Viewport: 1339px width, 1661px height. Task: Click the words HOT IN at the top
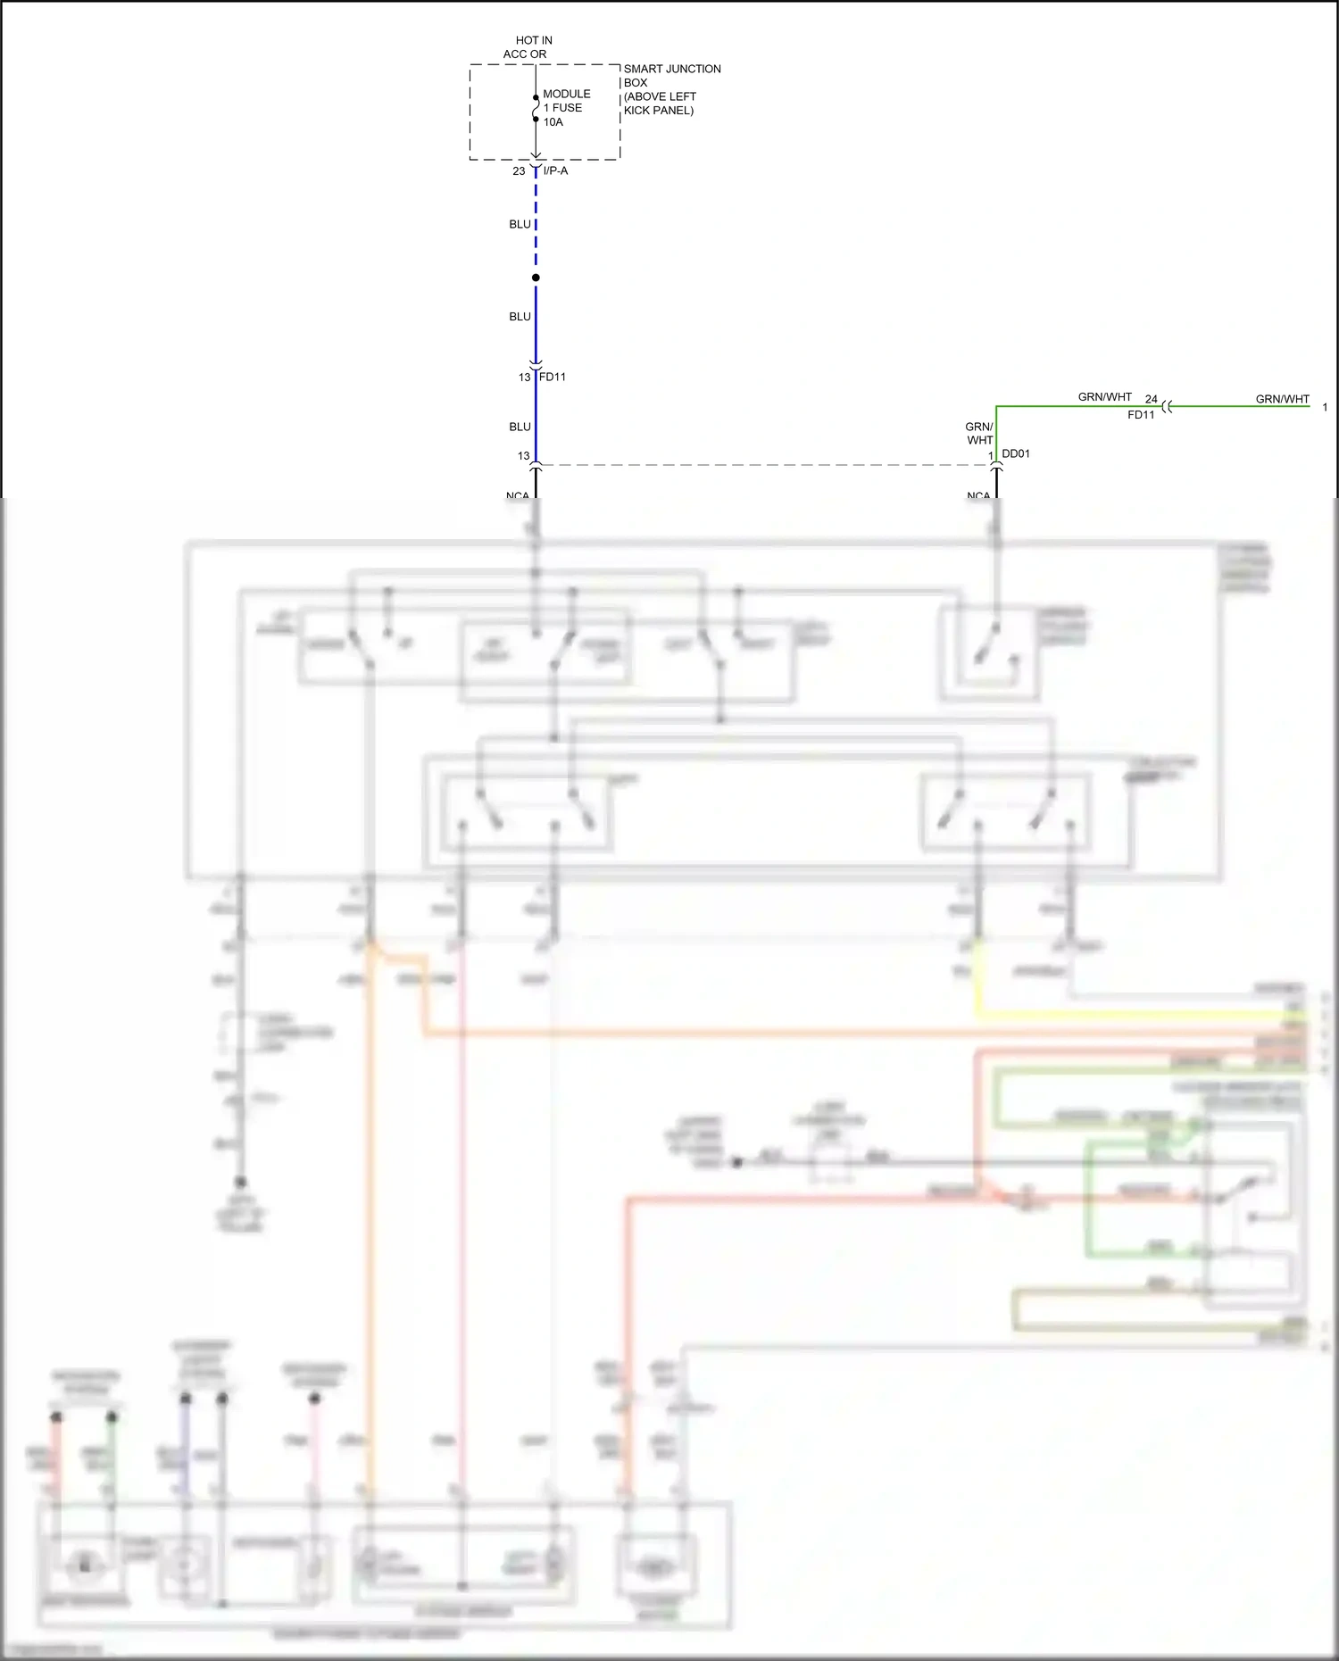[534, 40]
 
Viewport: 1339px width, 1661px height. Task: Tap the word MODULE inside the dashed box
[567, 94]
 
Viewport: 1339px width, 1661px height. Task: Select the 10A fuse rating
[553, 122]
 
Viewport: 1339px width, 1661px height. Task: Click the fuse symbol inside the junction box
[536, 108]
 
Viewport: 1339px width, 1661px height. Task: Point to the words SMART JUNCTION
[672, 69]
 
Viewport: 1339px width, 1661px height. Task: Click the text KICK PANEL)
[659, 111]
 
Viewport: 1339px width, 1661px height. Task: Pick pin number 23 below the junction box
[519, 171]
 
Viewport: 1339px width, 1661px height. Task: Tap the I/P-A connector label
[555, 170]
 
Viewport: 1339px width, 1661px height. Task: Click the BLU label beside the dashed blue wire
[520, 224]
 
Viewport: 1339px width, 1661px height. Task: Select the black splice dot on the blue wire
[536, 278]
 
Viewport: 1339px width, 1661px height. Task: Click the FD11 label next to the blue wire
[553, 377]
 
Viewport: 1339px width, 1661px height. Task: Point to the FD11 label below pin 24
[1141, 415]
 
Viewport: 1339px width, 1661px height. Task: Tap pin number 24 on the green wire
[1152, 399]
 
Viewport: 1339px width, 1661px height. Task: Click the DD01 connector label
[1016, 453]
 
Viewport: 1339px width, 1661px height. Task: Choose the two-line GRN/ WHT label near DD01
[979, 434]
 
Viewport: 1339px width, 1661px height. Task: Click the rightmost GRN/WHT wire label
[1282, 399]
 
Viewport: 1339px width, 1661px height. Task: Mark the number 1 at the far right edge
[1325, 407]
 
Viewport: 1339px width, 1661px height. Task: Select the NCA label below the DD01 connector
[978, 494]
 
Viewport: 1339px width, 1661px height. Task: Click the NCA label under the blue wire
[518, 494]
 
